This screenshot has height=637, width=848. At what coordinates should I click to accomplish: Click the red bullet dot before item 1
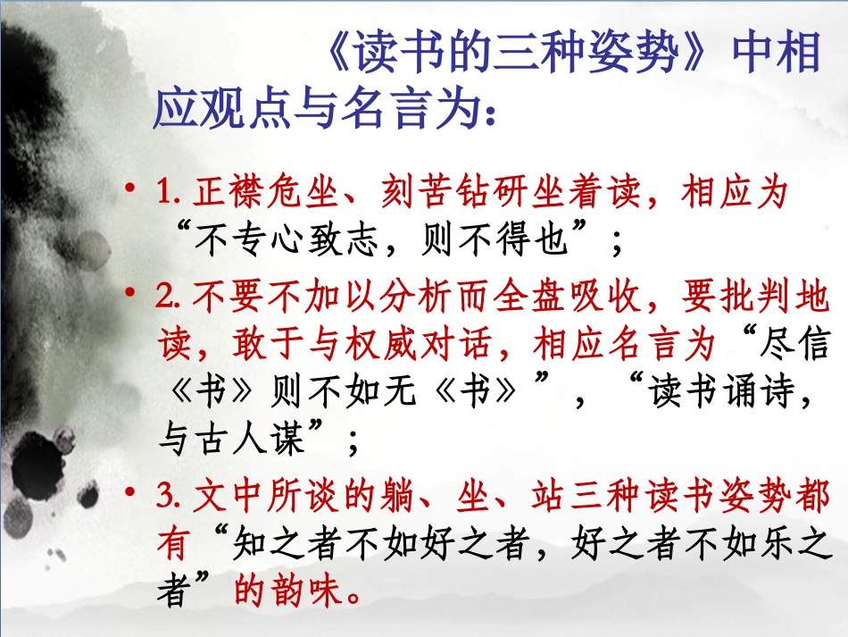coord(131,190)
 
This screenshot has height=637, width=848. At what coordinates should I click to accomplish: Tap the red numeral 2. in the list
coord(167,297)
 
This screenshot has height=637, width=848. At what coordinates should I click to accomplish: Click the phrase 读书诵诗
coord(721,393)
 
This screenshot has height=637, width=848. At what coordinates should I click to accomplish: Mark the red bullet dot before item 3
coord(131,494)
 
